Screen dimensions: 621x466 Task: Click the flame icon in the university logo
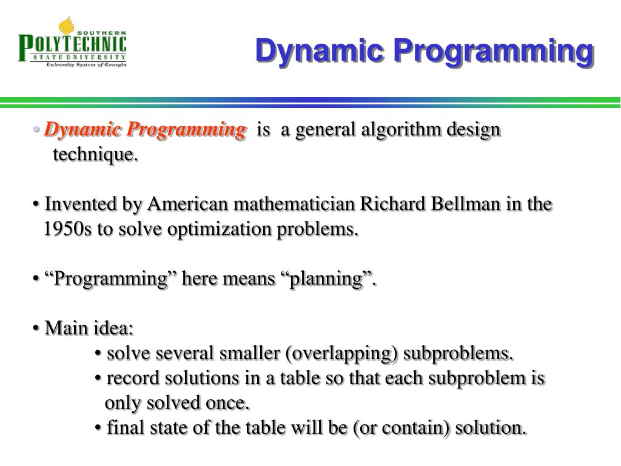point(66,25)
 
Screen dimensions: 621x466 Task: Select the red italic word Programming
point(186,130)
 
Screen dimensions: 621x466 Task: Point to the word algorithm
point(401,130)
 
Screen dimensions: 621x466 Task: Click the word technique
point(95,155)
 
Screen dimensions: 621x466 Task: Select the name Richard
point(392,204)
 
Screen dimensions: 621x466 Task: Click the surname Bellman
point(465,204)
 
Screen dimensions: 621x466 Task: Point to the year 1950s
point(67,229)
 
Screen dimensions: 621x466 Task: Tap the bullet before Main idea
point(36,328)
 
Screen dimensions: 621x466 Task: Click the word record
point(133,378)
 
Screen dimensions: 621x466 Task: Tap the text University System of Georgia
point(86,64)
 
